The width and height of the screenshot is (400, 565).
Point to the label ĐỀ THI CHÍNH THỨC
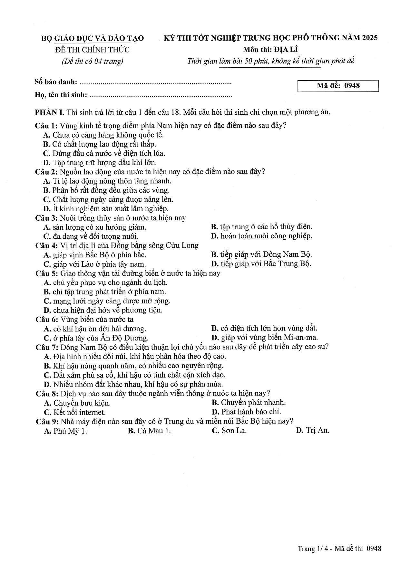point(93,50)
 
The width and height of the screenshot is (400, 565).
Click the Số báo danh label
point(56,82)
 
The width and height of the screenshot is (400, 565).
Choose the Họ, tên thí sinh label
point(61,95)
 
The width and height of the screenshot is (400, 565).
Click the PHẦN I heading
point(50,112)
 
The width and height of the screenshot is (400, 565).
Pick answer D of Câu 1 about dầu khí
point(100,163)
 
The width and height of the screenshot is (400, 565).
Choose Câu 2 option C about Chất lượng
point(108,199)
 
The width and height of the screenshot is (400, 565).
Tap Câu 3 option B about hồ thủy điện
point(261,227)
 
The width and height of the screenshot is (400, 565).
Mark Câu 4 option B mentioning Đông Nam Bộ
point(261,254)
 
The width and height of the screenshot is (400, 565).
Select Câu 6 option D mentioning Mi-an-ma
point(265,338)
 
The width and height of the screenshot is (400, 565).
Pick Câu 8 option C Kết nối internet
point(75,412)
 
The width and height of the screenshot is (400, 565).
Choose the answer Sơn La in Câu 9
point(229,431)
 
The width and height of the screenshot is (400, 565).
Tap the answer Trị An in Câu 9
point(313,431)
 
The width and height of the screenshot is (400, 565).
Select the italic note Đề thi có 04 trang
point(93,61)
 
